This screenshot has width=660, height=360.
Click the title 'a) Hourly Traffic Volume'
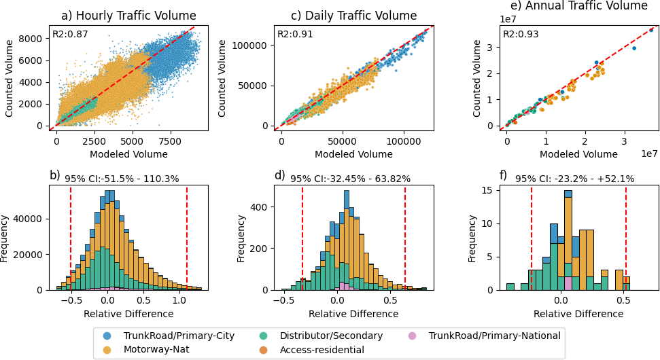click(128, 16)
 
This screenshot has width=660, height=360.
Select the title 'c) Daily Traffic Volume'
click(353, 16)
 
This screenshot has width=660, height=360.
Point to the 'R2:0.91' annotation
click(292, 34)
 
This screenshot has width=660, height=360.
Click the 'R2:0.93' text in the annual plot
click(518, 34)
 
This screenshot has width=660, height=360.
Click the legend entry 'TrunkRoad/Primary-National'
click(494, 336)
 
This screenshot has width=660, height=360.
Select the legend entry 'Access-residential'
click(322, 350)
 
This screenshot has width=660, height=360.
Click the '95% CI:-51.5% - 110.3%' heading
click(122, 179)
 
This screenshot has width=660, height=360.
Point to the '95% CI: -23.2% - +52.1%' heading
click(574, 179)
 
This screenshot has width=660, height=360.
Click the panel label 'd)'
click(279, 175)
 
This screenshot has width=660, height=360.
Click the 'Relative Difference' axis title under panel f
click(578, 314)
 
